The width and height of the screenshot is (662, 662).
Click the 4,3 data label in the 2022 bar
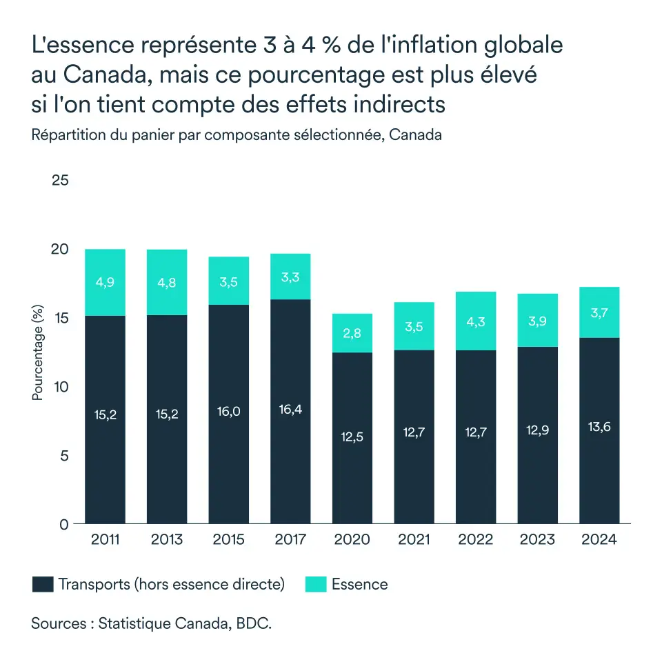(x=476, y=321)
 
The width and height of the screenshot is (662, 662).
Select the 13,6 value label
(x=599, y=426)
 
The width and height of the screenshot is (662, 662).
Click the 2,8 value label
(x=352, y=333)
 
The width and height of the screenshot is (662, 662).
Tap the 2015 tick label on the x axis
(x=228, y=539)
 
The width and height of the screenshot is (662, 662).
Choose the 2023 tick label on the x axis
(x=537, y=539)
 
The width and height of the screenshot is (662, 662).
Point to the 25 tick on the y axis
(x=61, y=181)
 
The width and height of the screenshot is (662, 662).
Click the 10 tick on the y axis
(x=61, y=387)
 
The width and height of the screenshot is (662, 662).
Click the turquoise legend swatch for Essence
(x=316, y=585)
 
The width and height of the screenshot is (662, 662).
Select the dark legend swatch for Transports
(x=43, y=585)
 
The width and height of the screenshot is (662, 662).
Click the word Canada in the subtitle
(x=415, y=135)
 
